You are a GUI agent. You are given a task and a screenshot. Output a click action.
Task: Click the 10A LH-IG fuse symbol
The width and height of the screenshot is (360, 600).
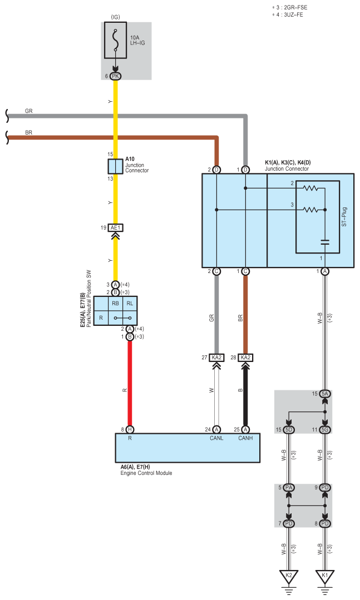click(115, 40)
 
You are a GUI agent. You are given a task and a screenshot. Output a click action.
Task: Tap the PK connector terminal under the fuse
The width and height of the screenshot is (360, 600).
click(115, 76)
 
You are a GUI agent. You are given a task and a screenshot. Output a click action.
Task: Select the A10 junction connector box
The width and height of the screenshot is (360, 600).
click(115, 166)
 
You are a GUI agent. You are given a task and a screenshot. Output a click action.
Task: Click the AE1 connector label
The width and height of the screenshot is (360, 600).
click(115, 227)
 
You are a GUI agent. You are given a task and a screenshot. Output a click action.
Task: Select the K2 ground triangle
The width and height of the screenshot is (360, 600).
click(289, 576)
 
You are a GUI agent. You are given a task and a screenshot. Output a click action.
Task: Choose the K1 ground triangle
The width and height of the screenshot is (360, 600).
click(325, 576)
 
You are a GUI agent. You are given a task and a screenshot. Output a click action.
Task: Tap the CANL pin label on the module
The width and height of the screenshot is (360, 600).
click(216, 438)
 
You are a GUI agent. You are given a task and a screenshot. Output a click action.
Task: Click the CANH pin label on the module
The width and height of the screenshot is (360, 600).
click(245, 438)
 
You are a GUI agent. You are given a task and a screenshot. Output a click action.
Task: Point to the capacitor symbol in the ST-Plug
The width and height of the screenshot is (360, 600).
click(325, 242)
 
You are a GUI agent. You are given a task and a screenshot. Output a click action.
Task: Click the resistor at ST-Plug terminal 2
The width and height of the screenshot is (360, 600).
click(310, 189)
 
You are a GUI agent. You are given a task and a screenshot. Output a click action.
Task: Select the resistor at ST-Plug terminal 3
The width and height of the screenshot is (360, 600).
click(310, 210)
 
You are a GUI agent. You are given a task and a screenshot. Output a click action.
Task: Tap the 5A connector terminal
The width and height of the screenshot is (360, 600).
click(325, 394)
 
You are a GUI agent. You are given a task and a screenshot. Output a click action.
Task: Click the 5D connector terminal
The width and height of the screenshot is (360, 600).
click(289, 430)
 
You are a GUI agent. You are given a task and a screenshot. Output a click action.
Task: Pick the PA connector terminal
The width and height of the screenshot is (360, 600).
click(289, 488)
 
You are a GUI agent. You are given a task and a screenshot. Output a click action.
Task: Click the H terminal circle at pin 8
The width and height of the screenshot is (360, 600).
click(130, 430)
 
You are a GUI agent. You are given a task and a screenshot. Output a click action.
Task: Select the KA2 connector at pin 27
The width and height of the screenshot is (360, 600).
click(216, 358)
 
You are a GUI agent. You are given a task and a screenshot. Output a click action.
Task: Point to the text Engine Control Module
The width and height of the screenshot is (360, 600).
click(146, 473)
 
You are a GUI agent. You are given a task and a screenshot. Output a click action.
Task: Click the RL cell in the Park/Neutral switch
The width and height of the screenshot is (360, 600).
click(130, 304)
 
